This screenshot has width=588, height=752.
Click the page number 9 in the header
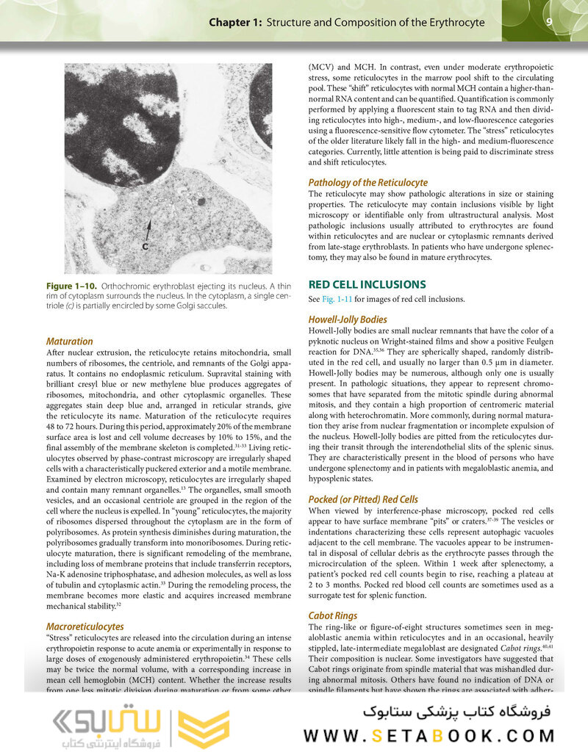point(549,22)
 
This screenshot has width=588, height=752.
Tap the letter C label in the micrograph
point(146,246)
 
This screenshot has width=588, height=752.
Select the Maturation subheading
point(69,341)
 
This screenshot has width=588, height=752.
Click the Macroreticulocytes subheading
point(85,626)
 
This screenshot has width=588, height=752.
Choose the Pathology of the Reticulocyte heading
point(367,182)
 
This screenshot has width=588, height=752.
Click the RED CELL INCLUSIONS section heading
point(367,283)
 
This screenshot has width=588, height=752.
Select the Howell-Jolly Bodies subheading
point(348,319)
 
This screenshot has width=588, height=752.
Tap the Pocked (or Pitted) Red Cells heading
point(363,499)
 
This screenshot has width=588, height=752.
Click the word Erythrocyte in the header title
point(449,23)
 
